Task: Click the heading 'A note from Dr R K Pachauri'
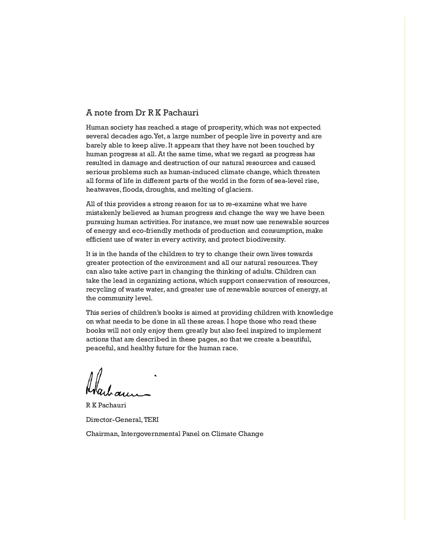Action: coord(142,113)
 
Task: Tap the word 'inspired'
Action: coord(270,330)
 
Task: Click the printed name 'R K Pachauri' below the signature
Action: coord(106,405)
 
